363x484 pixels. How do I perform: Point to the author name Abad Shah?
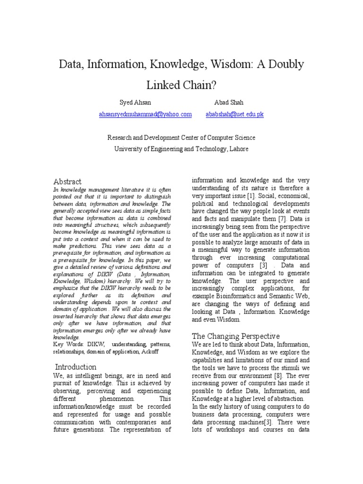229,103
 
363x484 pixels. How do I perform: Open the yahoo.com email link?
145,114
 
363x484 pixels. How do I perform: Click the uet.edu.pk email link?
234,114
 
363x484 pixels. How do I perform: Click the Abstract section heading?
67,181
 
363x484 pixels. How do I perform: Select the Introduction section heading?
76,367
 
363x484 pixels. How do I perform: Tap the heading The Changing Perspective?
236,336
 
